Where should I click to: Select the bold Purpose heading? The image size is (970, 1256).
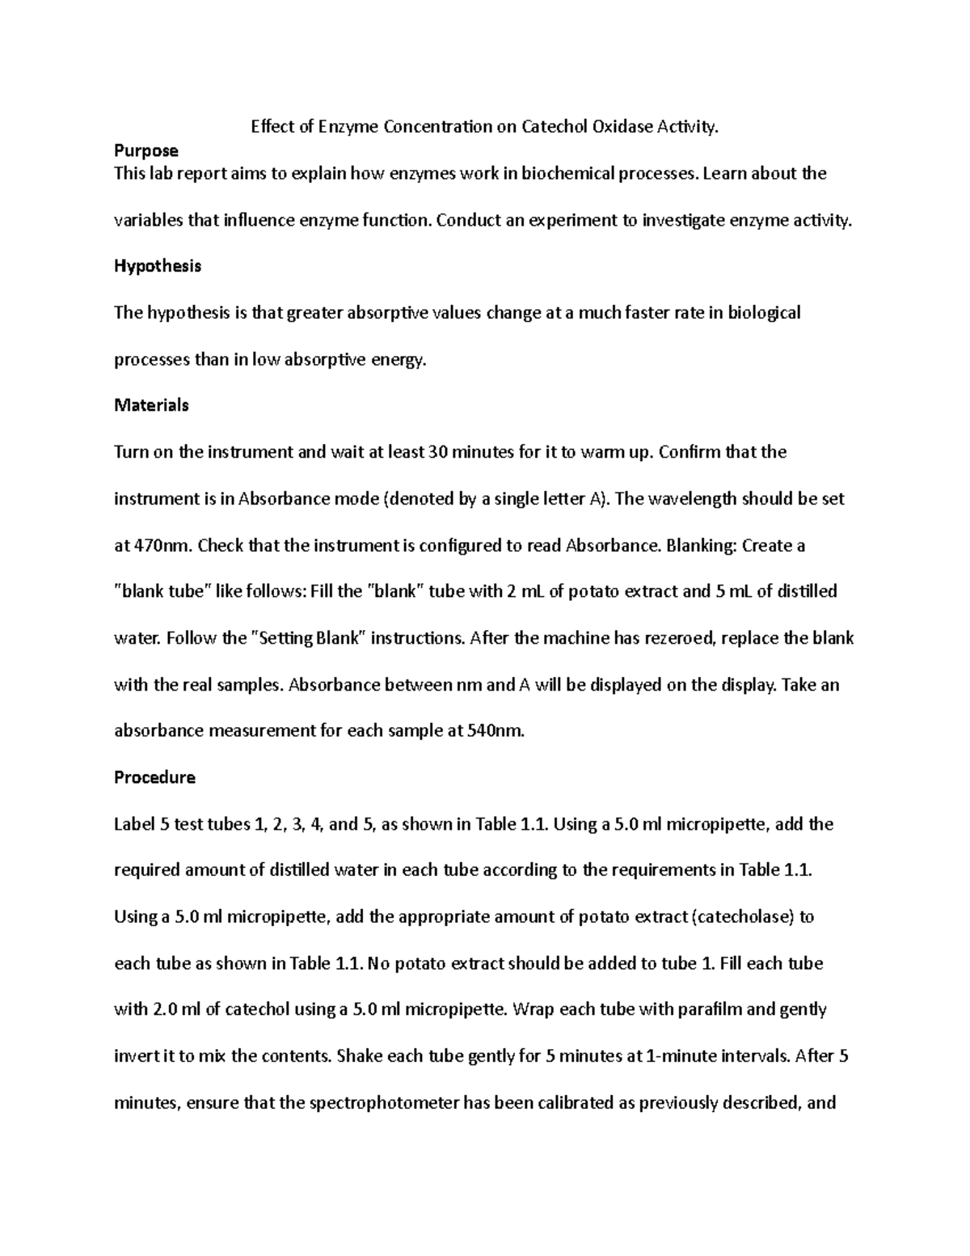(x=146, y=150)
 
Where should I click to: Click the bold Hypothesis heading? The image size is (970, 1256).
(x=158, y=266)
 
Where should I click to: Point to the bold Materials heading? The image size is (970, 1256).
(x=151, y=405)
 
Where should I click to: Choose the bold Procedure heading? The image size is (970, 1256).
(x=154, y=777)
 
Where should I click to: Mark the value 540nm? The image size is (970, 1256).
(x=496, y=731)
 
